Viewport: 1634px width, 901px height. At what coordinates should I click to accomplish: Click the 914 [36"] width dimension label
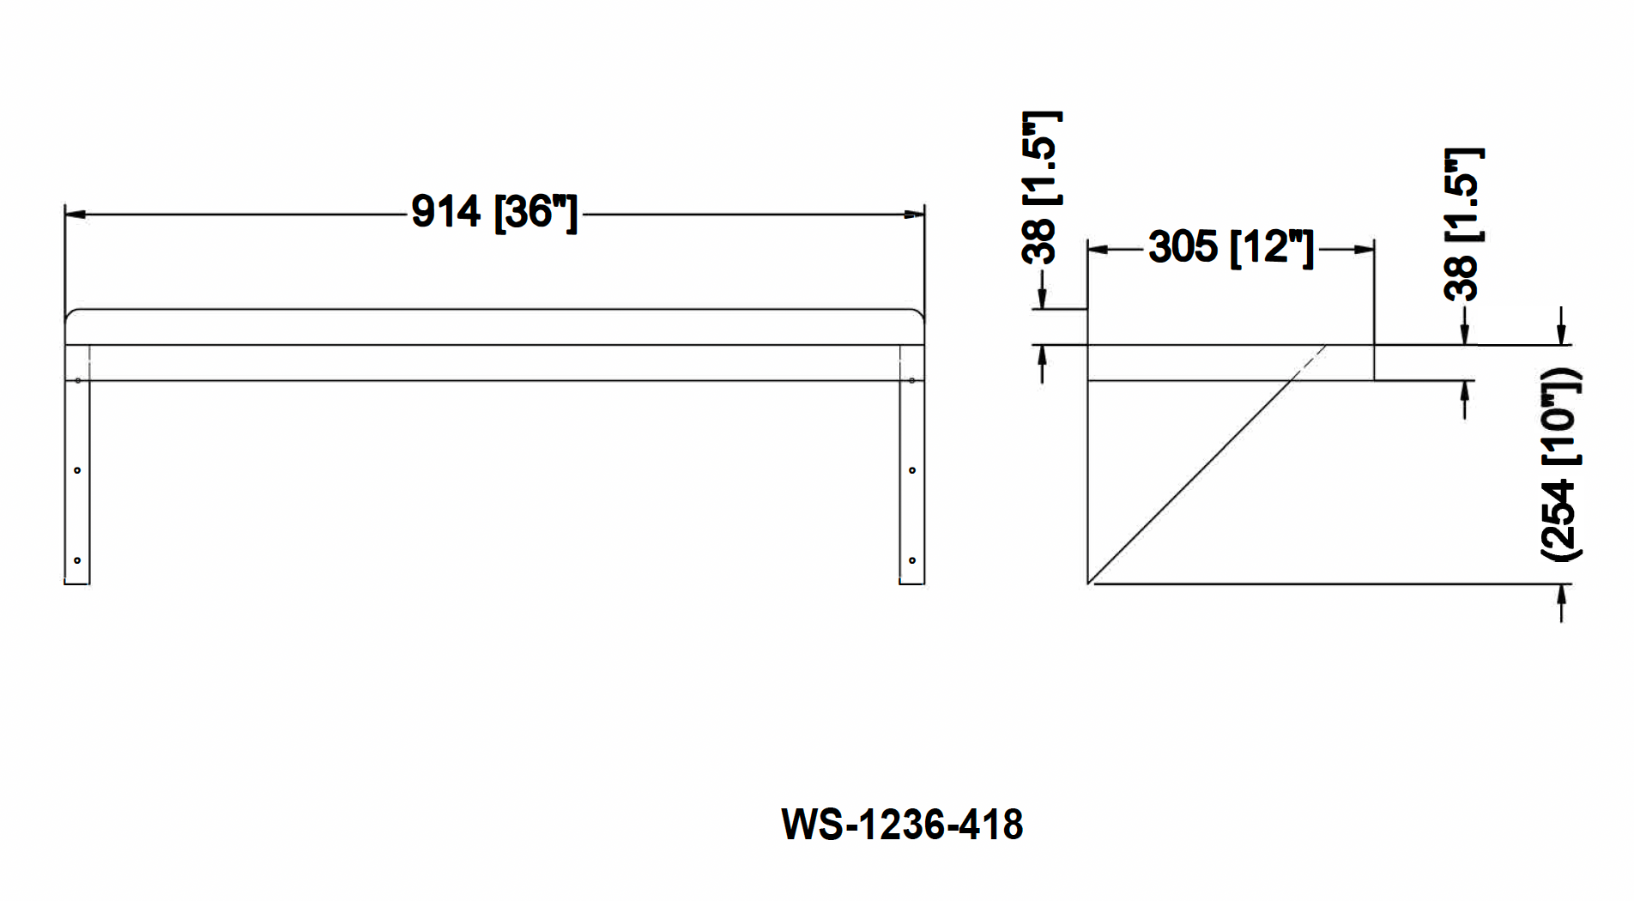[x=493, y=212]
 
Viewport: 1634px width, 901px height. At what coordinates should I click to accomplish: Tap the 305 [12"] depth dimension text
[x=1231, y=247]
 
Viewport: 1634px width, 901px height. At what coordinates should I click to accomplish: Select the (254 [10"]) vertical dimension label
[x=1561, y=465]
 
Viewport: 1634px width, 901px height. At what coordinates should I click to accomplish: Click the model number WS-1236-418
[x=901, y=825]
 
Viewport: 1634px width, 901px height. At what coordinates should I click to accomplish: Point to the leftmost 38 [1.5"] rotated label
[x=1041, y=187]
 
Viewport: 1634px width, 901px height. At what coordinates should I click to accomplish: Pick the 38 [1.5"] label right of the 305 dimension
[x=1463, y=225]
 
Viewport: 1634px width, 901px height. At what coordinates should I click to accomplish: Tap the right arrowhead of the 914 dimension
[x=914, y=215]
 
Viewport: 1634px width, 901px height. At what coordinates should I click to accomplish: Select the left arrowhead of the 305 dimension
[x=1098, y=250]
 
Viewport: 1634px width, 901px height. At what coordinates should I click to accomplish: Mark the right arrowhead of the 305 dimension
[x=1364, y=250]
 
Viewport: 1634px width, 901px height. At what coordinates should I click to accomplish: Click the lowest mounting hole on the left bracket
[x=77, y=560]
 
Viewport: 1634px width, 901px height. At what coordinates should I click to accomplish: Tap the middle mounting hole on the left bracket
[x=77, y=470]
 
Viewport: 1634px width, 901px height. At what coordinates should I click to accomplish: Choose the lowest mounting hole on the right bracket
[x=912, y=560]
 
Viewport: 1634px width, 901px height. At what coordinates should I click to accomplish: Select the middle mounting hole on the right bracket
[x=912, y=470]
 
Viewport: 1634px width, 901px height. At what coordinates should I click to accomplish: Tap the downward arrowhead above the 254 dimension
[x=1561, y=335]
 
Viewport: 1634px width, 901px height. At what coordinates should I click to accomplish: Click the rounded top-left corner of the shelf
[x=71, y=314]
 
